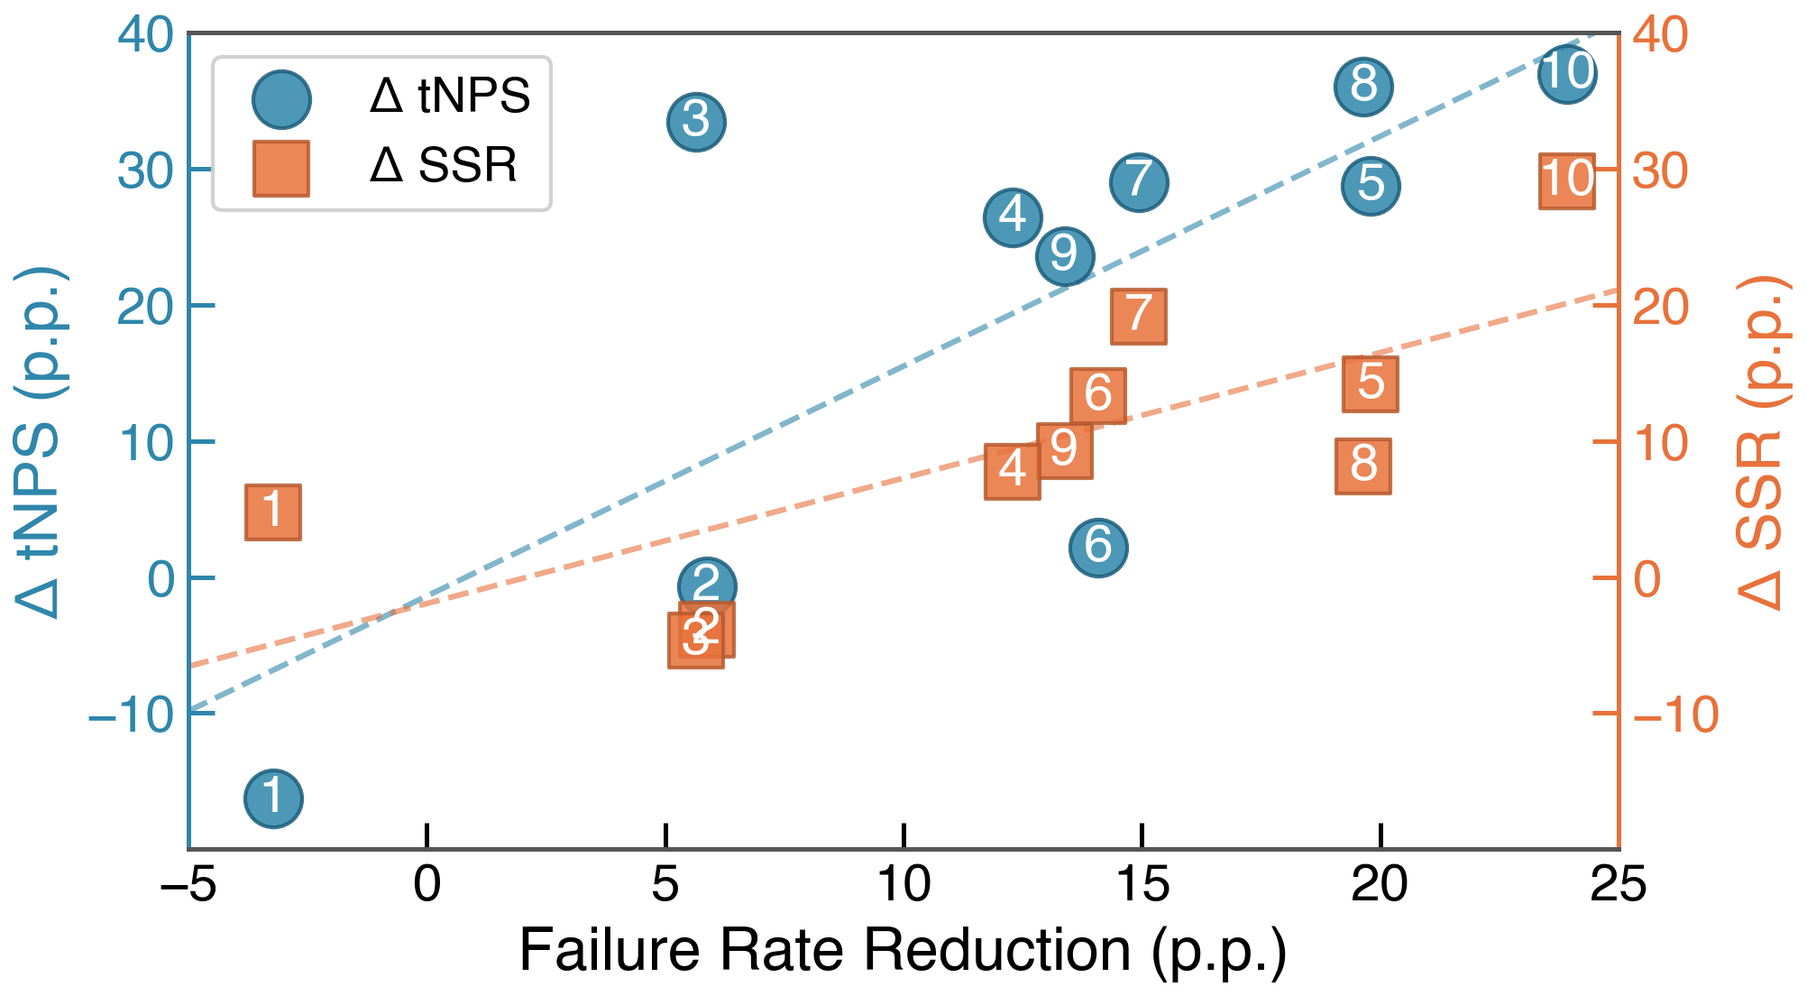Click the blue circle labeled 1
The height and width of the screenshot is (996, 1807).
click(x=273, y=798)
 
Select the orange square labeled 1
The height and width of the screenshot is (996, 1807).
click(x=273, y=512)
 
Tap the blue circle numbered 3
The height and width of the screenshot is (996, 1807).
click(x=696, y=122)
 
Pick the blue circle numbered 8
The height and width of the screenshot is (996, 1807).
click(x=1363, y=87)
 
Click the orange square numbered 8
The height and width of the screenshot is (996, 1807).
click(x=1363, y=466)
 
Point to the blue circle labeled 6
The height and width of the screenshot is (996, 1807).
click(x=1098, y=547)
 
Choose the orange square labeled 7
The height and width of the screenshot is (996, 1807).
click(x=1139, y=317)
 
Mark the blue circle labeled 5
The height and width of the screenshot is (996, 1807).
click(x=1371, y=185)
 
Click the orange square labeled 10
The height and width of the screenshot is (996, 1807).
click(x=1567, y=180)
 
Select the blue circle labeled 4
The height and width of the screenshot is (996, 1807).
click(x=1014, y=217)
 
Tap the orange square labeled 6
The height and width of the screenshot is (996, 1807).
click(x=1098, y=396)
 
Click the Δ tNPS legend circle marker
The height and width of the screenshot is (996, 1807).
click(x=282, y=99)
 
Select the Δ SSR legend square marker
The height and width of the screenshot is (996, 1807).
click(x=281, y=169)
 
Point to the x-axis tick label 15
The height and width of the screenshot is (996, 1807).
click(x=1142, y=884)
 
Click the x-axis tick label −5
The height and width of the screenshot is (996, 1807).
click(x=188, y=884)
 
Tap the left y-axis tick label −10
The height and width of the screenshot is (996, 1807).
click(x=131, y=715)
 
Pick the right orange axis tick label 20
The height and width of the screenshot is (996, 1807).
click(x=1661, y=308)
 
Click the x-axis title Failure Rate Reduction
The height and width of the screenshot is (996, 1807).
click(x=825, y=950)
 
